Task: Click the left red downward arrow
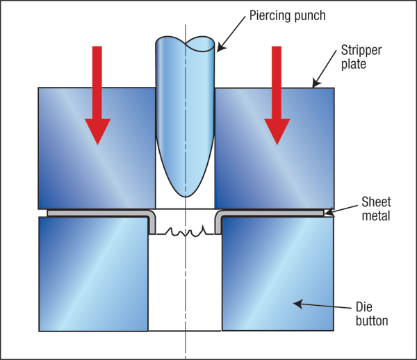pos(97,95)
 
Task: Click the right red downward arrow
pos(277,95)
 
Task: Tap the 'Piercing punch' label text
pos(287,16)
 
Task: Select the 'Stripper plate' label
pos(361,57)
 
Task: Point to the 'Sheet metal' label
pos(376,209)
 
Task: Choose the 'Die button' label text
pos(372,314)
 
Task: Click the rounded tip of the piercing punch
pos(186,195)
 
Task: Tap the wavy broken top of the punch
pos(185,43)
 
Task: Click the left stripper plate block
pos(97,148)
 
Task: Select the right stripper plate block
pos(275,148)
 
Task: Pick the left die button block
pos(94,274)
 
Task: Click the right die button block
pos(277,274)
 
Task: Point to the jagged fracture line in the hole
pos(185,231)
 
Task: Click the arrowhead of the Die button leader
pos(298,304)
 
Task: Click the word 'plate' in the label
pos(354,64)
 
